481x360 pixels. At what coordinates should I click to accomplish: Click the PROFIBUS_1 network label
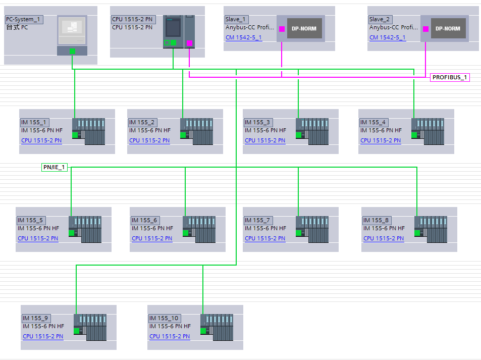click(x=450, y=78)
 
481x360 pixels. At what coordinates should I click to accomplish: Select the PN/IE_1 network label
click(x=54, y=167)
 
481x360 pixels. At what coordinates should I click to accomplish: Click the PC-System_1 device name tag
click(x=24, y=20)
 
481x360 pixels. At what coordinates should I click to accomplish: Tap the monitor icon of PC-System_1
click(x=72, y=31)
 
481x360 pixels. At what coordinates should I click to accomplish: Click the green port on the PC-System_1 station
click(x=72, y=51)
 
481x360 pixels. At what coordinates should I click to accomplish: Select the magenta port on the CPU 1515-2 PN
click(x=189, y=43)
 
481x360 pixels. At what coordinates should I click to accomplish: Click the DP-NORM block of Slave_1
click(x=304, y=29)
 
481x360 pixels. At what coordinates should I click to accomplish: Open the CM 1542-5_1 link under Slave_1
click(x=244, y=38)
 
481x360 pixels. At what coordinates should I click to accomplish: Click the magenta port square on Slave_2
click(x=425, y=29)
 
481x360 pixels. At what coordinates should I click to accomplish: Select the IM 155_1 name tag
click(x=34, y=123)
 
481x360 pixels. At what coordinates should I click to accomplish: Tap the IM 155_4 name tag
click(x=373, y=123)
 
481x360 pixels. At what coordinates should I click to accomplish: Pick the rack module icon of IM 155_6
click(x=199, y=229)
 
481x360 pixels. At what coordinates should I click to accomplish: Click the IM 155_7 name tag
click(x=258, y=220)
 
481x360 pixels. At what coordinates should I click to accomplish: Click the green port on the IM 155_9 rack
click(x=77, y=331)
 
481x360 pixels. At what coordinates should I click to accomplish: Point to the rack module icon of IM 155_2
click(x=196, y=131)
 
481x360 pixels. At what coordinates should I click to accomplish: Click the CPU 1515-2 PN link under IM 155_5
click(x=38, y=238)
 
